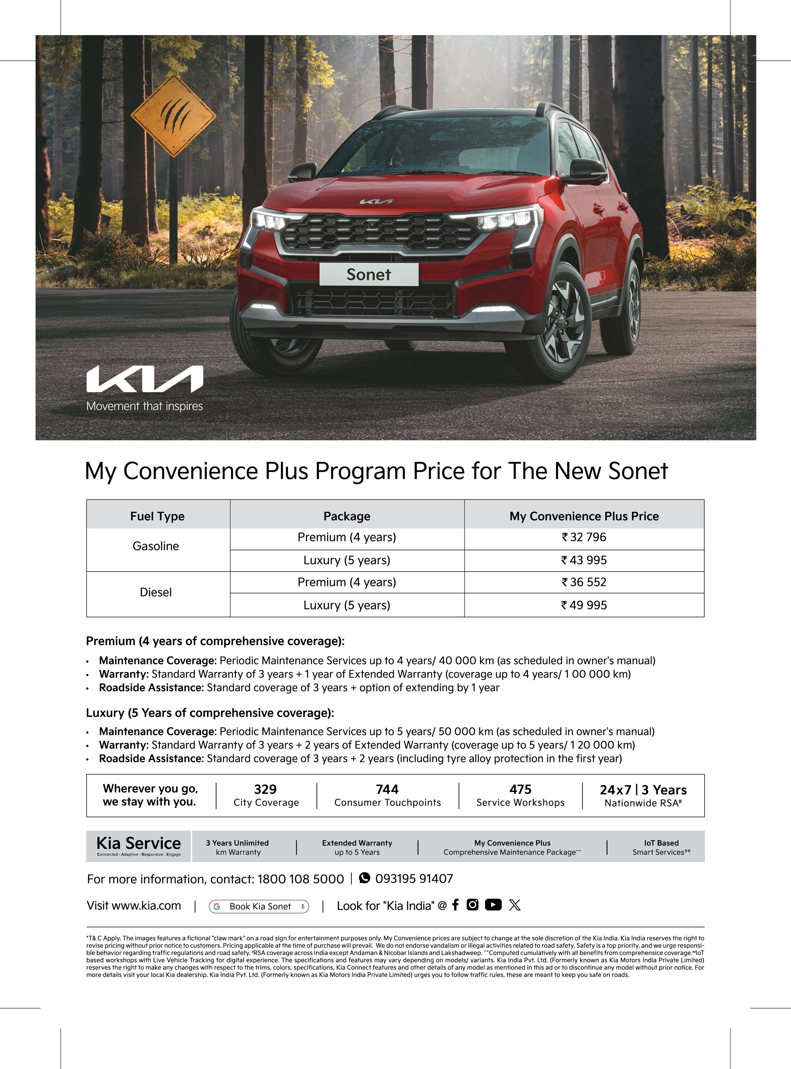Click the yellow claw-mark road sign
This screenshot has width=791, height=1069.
(x=173, y=115)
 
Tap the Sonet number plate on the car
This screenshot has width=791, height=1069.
(x=369, y=274)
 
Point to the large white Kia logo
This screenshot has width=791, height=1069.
(x=145, y=379)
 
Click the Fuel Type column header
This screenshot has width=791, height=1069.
(x=157, y=516)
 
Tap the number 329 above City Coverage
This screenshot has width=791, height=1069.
(x=265, y=789)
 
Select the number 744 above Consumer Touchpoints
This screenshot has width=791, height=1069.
(x=387, y=789)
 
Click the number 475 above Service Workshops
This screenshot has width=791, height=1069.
(x=520, y=789)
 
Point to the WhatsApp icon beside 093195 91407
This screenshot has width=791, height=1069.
(x=364, y=878)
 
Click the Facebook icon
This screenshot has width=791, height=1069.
(x=455, y=905)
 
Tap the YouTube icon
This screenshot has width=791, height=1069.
(x=493, y=905)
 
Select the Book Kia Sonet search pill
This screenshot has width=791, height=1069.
(x=259, y=907)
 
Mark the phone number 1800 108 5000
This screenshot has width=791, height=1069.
(x=301, y=879)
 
